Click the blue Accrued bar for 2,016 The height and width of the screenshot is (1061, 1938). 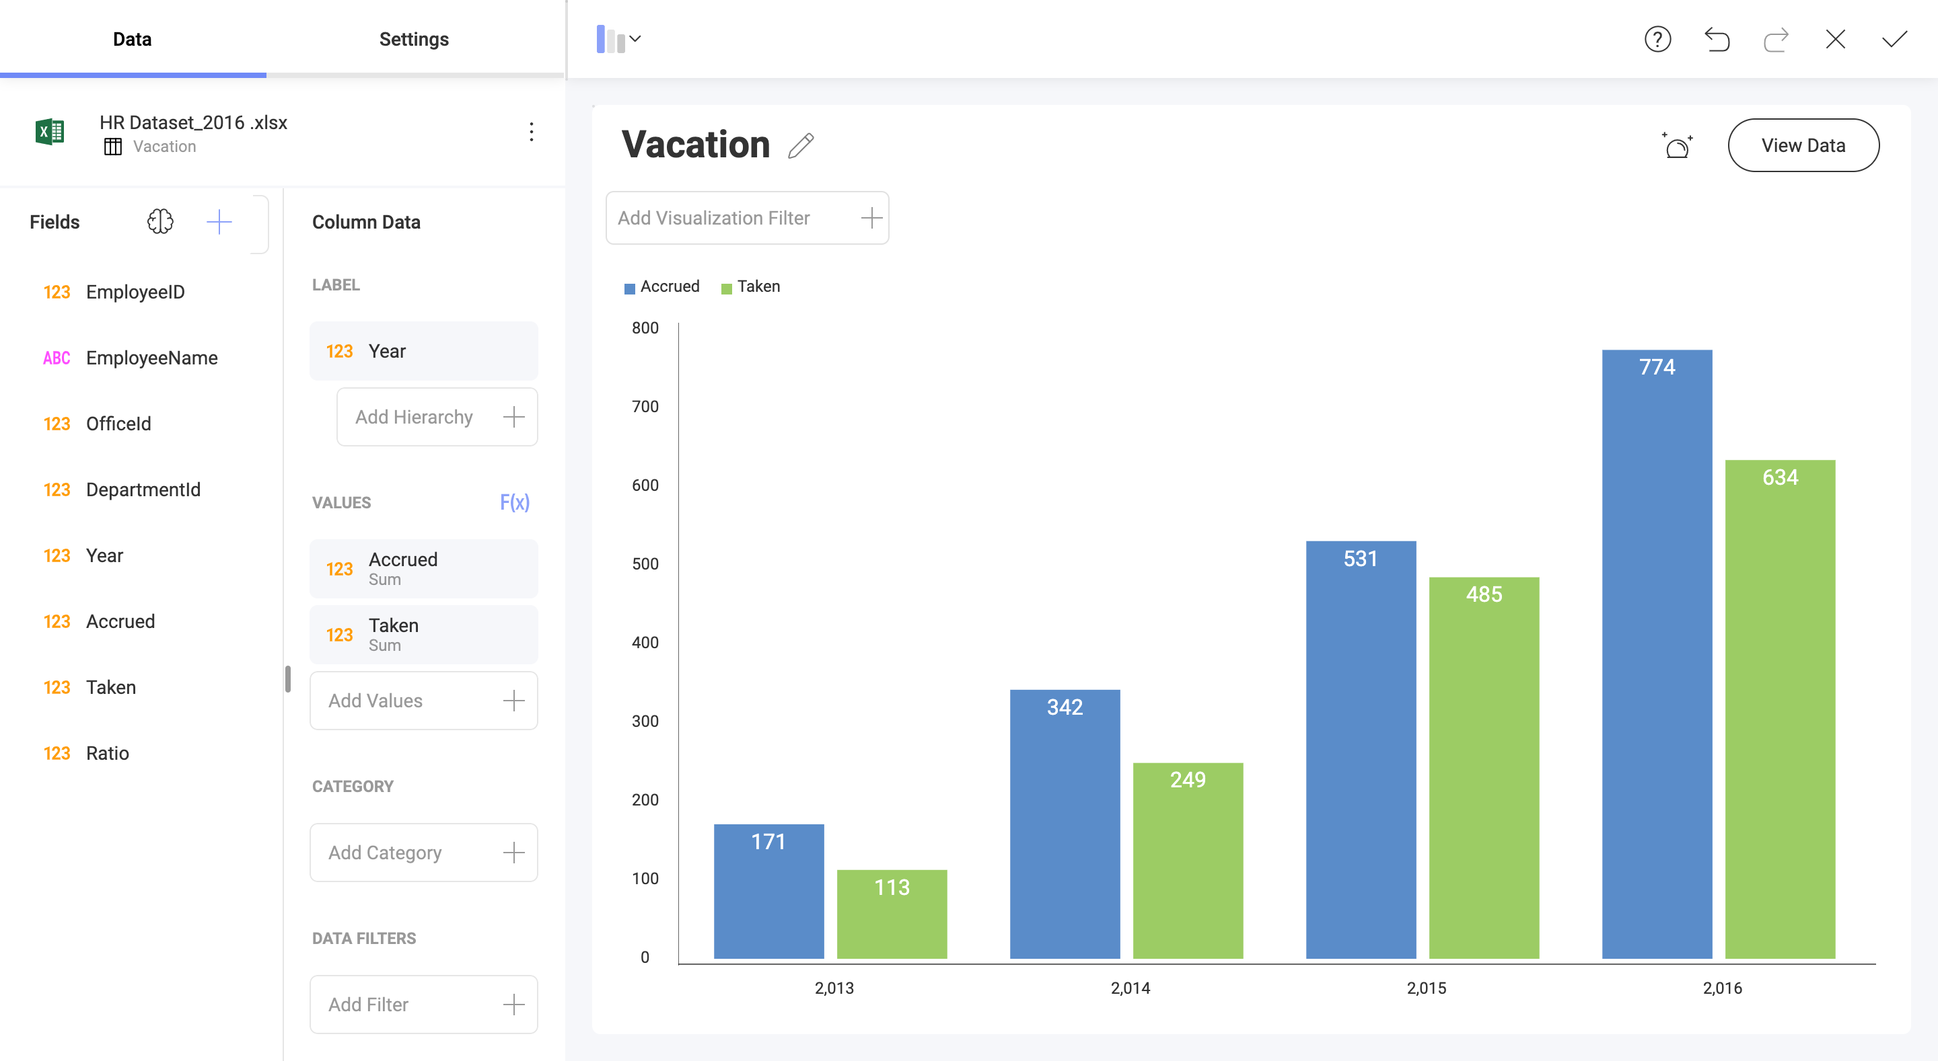[1657, 654]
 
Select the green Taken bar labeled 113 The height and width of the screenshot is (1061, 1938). [892, 914]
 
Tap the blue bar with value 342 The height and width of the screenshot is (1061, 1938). [1065, 824]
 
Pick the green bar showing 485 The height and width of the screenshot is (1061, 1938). [1484, 767]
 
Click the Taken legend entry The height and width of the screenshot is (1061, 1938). [751, 286]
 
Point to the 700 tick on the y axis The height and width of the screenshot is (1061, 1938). [645, 407]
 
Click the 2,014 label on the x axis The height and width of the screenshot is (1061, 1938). [1130, 988]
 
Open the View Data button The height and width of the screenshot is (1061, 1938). [1803, 145]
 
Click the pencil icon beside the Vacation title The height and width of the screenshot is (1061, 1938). [801, 145]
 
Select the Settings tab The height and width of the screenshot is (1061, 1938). [414, 39]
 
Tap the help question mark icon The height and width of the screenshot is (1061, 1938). [1657, 39]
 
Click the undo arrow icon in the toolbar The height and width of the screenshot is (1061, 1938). [1717, 39]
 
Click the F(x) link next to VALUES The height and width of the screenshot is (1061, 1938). [515, 502]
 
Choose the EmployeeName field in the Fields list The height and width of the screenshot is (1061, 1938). [151, 358]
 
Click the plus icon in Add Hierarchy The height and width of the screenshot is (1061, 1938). [514, 417]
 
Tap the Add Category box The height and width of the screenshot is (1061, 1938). [423, 852]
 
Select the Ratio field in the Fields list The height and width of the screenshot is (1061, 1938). [107, 754]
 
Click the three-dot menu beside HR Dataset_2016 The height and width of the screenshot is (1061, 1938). [531, 132]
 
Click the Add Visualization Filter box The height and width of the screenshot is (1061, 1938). [746, 218]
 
